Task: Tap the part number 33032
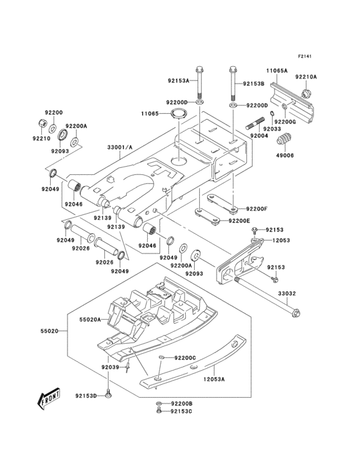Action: coord(287,293)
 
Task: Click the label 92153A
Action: coord(179,82)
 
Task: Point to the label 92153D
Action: coord(85,396)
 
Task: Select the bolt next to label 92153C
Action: coord(159,411)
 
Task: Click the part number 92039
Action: coord(110,367)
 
